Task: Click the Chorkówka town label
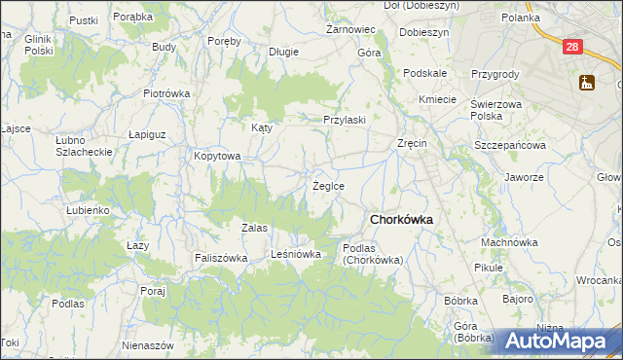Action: [x=401, y=219]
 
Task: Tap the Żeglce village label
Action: [x=327, y=185]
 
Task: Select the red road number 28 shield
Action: [x=572, y=46]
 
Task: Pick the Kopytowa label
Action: [x=216, y=156]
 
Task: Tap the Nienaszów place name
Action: [x=148, y=345]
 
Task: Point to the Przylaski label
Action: [x=345, y=120]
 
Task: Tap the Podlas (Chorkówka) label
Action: [x=372, y=254]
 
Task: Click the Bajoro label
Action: [x=519, y=299]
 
